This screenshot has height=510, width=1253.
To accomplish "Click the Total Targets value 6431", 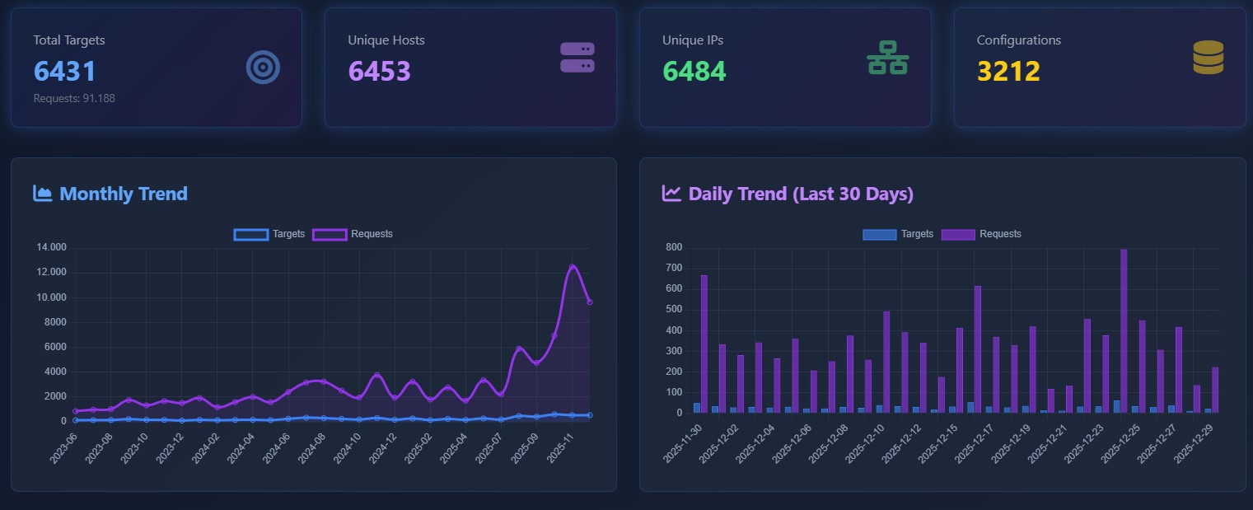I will pos(65,72).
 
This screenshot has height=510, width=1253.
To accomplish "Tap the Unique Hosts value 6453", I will pos(379,72).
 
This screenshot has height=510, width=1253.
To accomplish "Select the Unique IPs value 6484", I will pos(694,72).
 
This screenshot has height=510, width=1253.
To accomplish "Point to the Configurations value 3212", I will pos(1008,72).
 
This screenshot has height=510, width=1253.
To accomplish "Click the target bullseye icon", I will pos(263,68).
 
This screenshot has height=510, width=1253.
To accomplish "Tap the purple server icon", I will pos(577,58).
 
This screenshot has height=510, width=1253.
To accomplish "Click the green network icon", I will pos(887,58).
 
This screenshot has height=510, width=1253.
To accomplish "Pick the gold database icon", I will pos(1208,58).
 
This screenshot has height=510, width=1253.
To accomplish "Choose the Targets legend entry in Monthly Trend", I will pos(269,234).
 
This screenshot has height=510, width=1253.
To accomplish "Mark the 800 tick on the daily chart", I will pos(674,248).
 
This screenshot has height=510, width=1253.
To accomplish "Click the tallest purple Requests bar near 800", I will pos(1124,330).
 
